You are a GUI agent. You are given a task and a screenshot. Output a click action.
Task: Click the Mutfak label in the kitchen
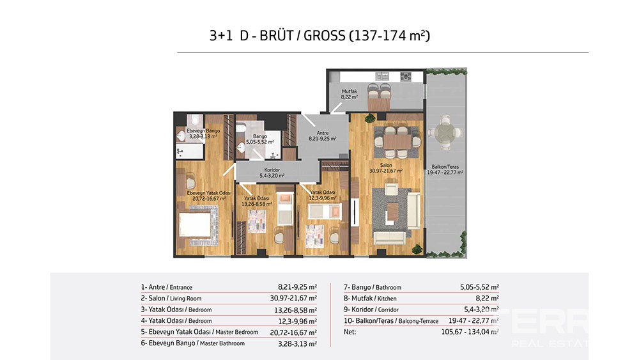coord(350,91)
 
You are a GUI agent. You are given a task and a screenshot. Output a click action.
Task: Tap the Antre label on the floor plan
coord(322,133)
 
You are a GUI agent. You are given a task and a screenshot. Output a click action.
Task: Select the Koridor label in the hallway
coord(272,170)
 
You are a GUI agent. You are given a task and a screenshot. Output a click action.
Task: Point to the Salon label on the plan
coord(386,166)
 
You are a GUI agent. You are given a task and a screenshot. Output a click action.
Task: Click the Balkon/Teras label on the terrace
coord(445,167)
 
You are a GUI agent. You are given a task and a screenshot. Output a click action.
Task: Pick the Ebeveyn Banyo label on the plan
coord(203,131)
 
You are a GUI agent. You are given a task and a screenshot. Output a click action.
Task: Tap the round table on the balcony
coord(445,132)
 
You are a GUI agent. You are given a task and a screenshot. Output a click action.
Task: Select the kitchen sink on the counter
coord(382,76)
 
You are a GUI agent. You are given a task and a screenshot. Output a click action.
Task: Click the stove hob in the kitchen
coord(406,76)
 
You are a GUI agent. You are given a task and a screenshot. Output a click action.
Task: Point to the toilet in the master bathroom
coord(195,120)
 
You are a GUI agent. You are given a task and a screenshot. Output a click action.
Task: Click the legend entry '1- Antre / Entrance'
coord(166,287)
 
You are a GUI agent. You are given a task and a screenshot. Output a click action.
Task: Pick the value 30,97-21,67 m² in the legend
coord(293,299)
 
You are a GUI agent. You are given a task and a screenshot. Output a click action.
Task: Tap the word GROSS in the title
coord(325,36)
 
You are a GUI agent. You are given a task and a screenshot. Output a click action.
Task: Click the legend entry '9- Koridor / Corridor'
coord(371,309)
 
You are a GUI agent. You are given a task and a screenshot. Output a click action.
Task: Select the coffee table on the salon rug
coord(393,212)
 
